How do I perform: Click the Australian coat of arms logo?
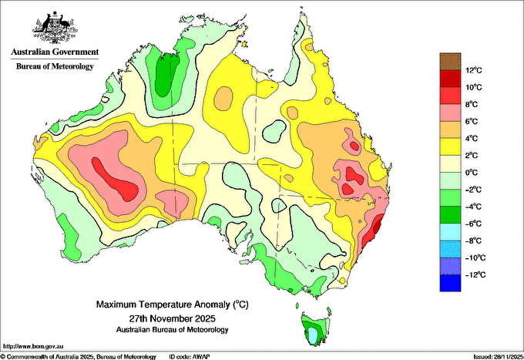pyautogui.click(x=55, y=28)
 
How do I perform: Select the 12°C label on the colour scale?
pyautogui.click(x=474, y=70)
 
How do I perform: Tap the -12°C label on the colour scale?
pyautogui.click(x=473, y=274)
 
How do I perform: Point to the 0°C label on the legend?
pyautogui.click(x=472, y=173)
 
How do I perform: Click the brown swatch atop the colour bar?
pyautogui.click(x=450, y=62)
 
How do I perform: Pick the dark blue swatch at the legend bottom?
pyautogui.click(x=450, y=283)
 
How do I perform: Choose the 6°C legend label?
pyautogui.click(x=472, y=121)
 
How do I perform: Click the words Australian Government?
pyautogui.click(x=55, y=52)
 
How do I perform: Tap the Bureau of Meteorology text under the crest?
pyautogui.click(x=55, y=66)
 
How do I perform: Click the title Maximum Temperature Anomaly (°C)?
pyautogui.click(x=173, y=304)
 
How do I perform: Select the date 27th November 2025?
pyautogui.click(x=173, y=318)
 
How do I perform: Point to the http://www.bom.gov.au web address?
pyautogui.click(x=32, y=346)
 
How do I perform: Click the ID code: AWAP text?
pyautogui.click(x=189, y=357)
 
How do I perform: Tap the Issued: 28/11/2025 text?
pyautogui.click(x=499, y=357)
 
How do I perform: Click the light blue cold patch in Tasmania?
pyautogui.click(x=313, y=335)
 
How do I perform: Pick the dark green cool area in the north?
pyautogui.click(x=167, y=74)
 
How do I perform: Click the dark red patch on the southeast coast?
pyautogui.click(x=377, y=225)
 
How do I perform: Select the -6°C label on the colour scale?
pyautogui.click(x=473, y=224)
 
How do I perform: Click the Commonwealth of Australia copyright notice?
pyautogui.click(x=79, y=357)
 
